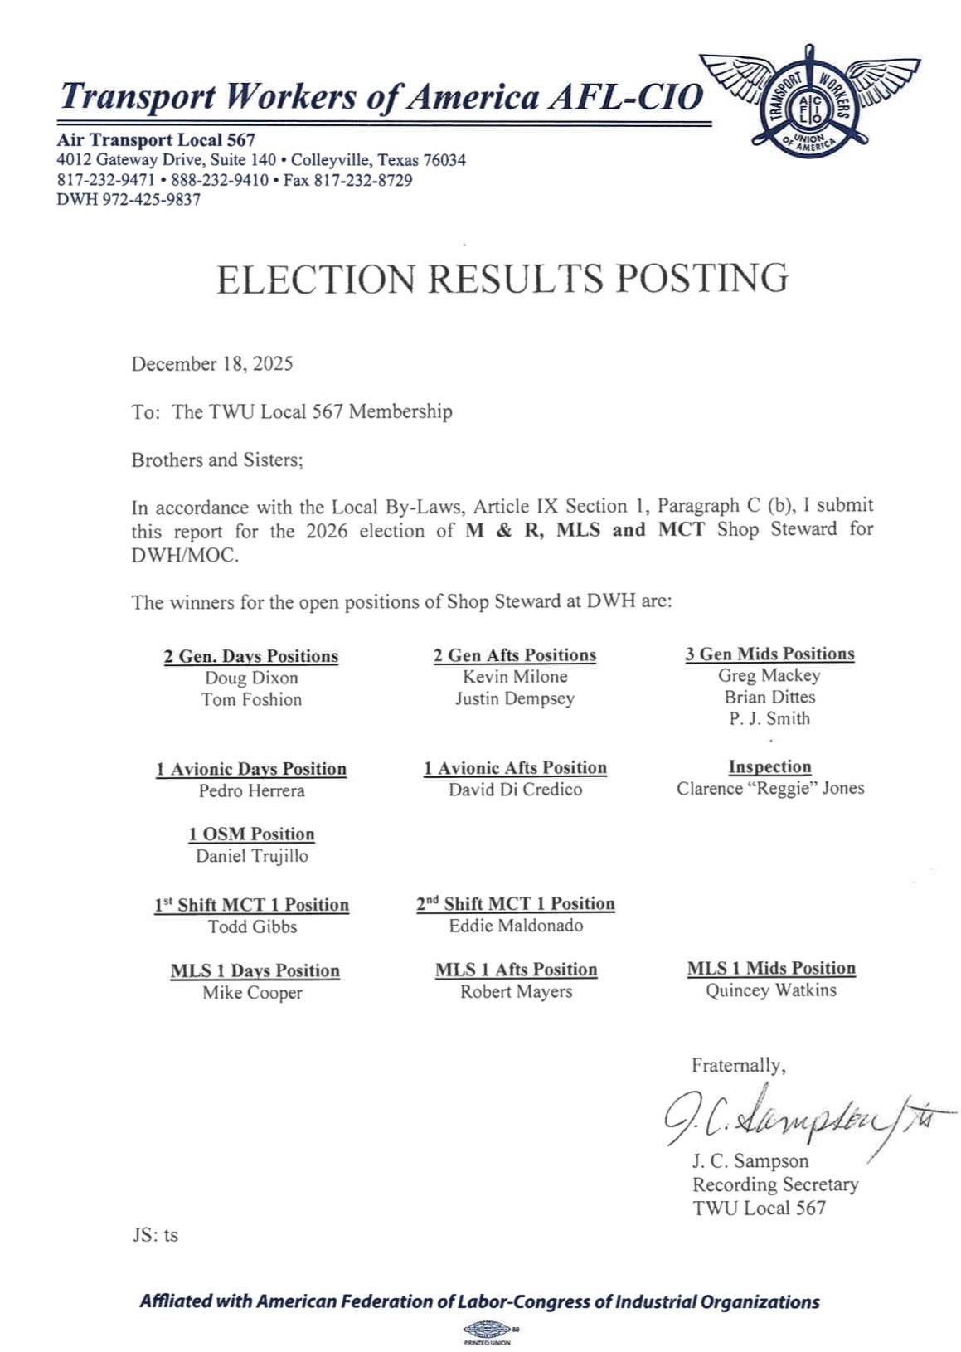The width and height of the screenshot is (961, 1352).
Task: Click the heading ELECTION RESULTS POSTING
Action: (502, 279)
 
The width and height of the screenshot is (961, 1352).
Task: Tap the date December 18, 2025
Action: (211, 364)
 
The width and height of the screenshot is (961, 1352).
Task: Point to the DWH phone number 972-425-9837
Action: (151, 200)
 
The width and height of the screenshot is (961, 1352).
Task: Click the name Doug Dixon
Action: (251, 678)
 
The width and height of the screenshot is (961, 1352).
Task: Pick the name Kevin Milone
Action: (515, 677)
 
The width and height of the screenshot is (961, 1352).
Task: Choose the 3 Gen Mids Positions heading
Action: (769, 654)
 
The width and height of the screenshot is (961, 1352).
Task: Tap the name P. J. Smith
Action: (769, 718)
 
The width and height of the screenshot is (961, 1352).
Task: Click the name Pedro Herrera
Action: (251, 790)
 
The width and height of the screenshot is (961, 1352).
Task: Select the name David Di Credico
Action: (515, 790)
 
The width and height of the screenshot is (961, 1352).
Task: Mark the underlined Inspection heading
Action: (769, 766)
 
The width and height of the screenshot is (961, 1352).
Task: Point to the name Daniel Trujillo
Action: (251, 856)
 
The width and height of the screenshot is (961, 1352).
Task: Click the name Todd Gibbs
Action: (252, 926)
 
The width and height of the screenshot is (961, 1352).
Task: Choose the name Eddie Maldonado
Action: (516, 926)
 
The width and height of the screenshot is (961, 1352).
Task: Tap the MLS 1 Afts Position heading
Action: (516, 970)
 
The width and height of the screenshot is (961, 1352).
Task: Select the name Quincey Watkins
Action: (770, 990)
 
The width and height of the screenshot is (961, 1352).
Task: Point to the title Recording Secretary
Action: (775, 1184)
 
